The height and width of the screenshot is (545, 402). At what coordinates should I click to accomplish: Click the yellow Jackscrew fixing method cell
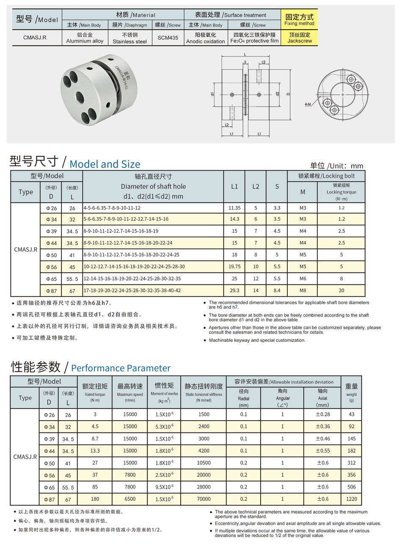299,38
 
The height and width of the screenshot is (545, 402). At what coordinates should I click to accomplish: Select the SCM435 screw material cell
168,38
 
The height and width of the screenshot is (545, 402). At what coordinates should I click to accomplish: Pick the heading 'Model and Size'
105,164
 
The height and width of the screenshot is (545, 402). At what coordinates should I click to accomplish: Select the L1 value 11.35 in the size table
234,208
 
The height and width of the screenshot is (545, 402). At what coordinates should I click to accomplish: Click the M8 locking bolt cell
302,291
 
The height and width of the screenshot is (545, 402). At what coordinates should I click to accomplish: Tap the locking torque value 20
341,291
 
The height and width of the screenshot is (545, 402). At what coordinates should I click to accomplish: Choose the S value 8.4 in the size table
277,291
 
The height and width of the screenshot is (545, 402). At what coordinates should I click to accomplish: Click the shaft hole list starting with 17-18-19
132,291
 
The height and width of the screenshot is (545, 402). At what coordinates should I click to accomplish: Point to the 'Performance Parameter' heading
121,368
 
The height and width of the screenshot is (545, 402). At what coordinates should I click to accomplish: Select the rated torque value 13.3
95,451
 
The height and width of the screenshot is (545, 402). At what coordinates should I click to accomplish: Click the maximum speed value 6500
130,499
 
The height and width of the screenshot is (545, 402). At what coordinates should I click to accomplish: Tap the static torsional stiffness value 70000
203,499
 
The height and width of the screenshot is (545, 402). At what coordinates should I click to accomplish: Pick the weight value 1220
351,499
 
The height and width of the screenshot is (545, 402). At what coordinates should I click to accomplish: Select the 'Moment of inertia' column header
164,394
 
